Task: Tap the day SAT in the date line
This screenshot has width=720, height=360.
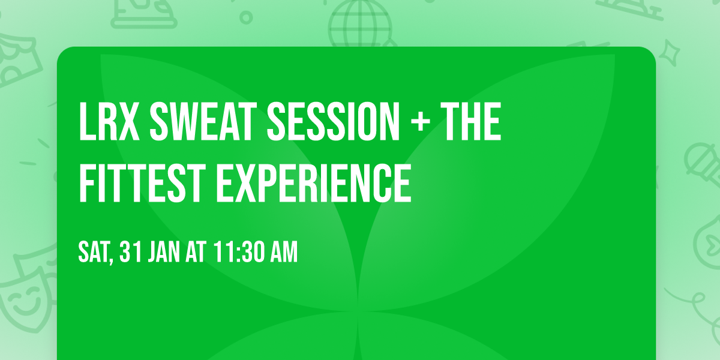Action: tap(95, 253)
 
